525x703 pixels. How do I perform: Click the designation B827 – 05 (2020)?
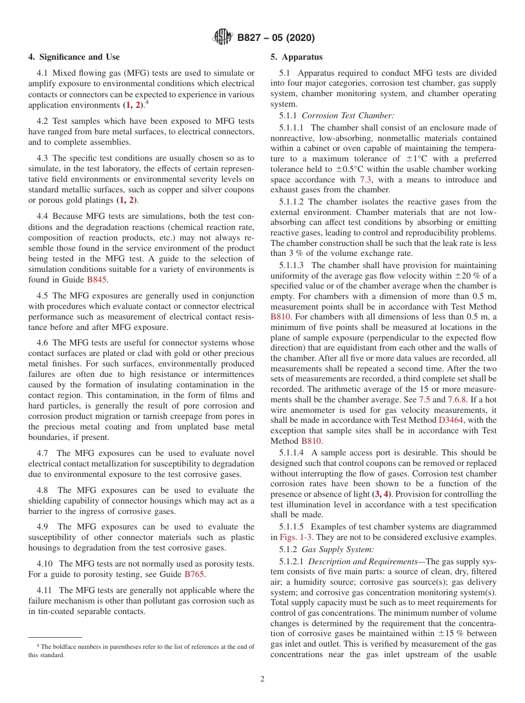[276, 38]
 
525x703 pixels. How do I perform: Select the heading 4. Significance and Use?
[73, 57]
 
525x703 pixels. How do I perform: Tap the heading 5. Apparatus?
[296, 57]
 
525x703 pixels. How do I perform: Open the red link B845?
[97, 280]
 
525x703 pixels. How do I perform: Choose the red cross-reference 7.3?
[365, 180]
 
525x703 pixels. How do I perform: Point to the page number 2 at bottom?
[262, 679]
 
